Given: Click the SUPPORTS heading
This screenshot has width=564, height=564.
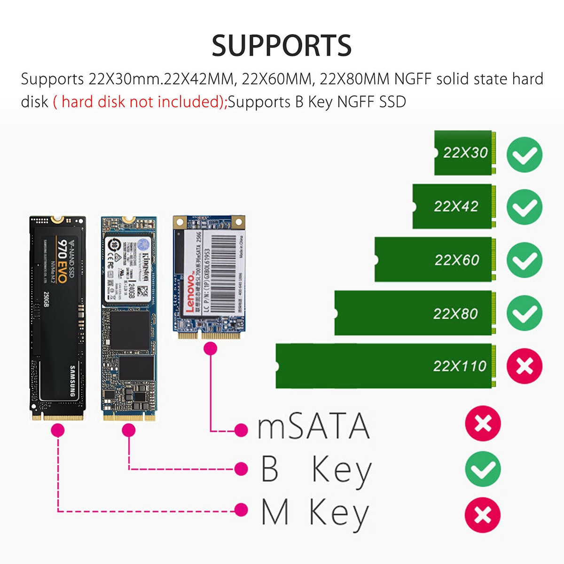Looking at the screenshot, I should [x=282, y=46].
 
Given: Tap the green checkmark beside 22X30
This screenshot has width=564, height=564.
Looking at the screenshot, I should [x=524, y=155].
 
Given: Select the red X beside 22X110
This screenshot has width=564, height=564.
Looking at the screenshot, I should [x=524, y=366].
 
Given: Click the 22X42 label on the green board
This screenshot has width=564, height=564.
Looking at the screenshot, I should [x=455, y=206].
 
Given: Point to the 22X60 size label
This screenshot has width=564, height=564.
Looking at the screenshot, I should [x=456, y=260].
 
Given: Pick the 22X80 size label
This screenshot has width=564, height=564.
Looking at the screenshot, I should [x=455, y=313].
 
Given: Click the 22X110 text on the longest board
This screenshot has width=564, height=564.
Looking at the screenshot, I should [x=459, y=366].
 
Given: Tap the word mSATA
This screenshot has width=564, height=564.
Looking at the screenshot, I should [x=313, y=426].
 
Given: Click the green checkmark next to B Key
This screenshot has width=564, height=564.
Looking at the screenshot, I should [x=483, y=469].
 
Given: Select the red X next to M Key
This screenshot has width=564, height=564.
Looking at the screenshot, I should [x=483, y=515].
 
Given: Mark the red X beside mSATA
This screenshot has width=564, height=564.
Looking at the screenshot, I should [x=483, y=424].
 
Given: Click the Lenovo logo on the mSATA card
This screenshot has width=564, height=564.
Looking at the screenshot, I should [x=190, y=294].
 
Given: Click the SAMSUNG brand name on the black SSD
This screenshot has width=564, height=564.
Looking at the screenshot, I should [x=72, y=381].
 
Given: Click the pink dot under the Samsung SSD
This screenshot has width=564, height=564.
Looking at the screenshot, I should [x=57, y=430].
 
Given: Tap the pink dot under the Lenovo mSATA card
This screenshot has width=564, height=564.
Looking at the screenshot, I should [x=211, y=348].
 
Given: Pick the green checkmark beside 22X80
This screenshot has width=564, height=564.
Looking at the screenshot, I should [x=524, y=313].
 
